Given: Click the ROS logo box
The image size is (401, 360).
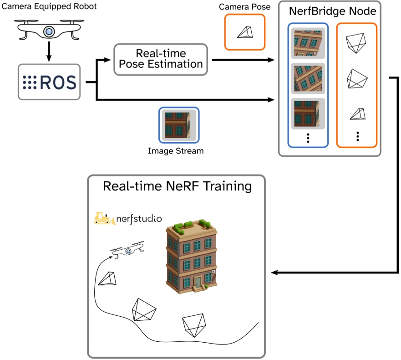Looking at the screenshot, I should (49, 82).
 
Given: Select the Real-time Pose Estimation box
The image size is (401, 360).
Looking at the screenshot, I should (160, 59).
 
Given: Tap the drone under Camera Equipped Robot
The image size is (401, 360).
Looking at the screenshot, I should (48, 31).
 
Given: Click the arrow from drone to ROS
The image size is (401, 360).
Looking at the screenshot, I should (49, 52).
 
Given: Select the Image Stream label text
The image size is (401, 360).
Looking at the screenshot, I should (176, 151).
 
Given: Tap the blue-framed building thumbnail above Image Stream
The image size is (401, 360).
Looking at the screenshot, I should (178, 124).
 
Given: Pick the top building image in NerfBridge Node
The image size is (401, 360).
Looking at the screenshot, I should (308, 43).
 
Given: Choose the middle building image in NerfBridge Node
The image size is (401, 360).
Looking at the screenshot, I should (308, 78).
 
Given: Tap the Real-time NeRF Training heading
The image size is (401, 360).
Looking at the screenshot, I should (177, 186).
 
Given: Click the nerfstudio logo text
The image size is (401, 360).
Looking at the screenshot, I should (139, 218).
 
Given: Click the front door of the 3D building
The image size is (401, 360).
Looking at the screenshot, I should (198, 284).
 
